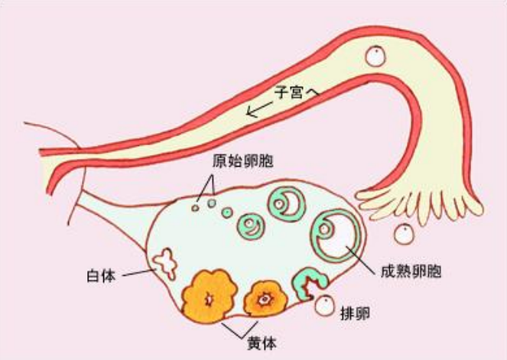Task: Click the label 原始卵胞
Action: pyautogui.click(x=243, y=161)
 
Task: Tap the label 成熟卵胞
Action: pyautogui.click(x=411, y=271)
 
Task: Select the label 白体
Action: pyautogui.click(x=101, y=275)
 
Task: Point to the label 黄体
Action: pyautogui.click(x=262, y=343)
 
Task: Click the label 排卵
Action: pyautogui.click(x=355, y=313)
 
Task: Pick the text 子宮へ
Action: pyautogui.click(x=297, y=92)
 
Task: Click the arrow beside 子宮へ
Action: pyautogui.click(x=259, y=109)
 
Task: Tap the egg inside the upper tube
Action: pyautogui.click(x=375, y=57)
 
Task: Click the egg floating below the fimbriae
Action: pyautogui.click(x=405, y=234)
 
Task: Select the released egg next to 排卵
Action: pyautogui.click(x=325, y=306)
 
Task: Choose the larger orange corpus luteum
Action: pyautogui.click(x=210, y=296)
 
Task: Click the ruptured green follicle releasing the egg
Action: pyautogui.click(x=310, y=283)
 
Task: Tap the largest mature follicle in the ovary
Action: pyautogui.click(x=336, y=236)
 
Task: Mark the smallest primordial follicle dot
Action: pyautogui.click(x=195, y=208)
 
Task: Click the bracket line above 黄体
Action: pyautogui.click(x=239, y=329)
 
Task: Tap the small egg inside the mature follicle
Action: pyautogui.click(x=324, y=229)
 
